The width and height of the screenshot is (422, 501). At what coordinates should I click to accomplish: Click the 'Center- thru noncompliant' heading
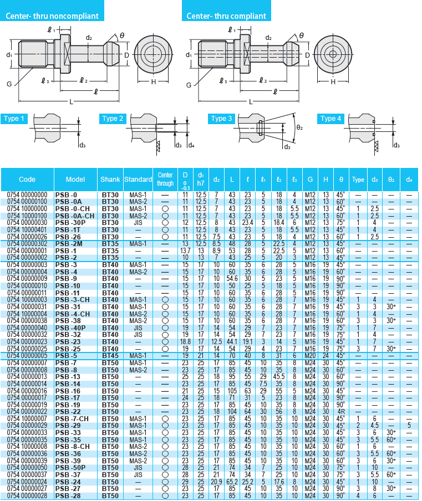pyautogui.click(x=52, y=16)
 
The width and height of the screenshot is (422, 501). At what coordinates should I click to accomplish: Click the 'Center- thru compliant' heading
pyautogui.click(x=226, y=16)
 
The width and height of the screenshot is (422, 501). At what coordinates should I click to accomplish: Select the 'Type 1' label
pyautogui.click(x=14, y=119)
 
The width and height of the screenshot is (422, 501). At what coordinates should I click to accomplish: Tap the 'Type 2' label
pyautogui.click(x=114, y=119)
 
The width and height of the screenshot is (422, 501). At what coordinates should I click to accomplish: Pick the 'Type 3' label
pyautogui.click(x=222, y=119)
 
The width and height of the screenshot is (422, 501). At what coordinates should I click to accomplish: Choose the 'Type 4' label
pyautogui.click(x=332, y=119)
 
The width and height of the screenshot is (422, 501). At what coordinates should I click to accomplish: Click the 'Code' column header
pyautogui.click(x=27, y=180)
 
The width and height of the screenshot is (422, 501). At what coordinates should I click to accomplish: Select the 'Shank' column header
pyautogui.click(x=110, y=180)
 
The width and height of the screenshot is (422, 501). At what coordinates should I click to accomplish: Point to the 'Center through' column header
pyautogui.click(x=165, y=180)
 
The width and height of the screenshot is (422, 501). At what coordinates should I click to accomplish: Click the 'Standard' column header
pyautogui.click(x=138, y=180)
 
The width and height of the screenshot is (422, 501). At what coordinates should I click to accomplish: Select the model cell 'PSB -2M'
pyautogui.click(x=69, y=243)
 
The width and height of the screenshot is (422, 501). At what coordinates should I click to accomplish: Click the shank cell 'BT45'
pyautogui.click(x=110, y=355)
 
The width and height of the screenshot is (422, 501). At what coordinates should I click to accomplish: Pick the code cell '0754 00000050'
pyautogui.click(x=27, y=467)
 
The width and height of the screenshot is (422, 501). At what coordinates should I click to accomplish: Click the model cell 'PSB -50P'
pyautogui.click(x=70, y=467)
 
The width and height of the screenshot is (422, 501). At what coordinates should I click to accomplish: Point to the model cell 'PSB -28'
pyautogui.click(x=68, y=495)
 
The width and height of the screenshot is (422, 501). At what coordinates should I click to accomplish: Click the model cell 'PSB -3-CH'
pyautogui.click(x=73, y=299)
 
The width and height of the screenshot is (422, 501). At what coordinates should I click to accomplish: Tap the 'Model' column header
pyautogui.click(x=75, y=180)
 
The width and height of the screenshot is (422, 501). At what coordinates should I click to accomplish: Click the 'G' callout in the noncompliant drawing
pyautogui.click(x=9, y=83)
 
